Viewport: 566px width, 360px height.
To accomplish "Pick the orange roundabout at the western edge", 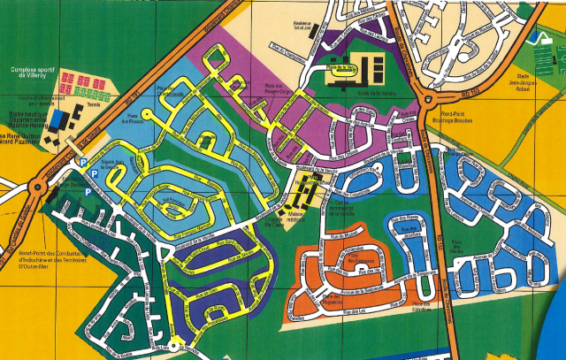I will click(x=37, y=187).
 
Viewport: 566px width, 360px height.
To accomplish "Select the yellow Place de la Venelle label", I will click(x=340, y=67).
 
